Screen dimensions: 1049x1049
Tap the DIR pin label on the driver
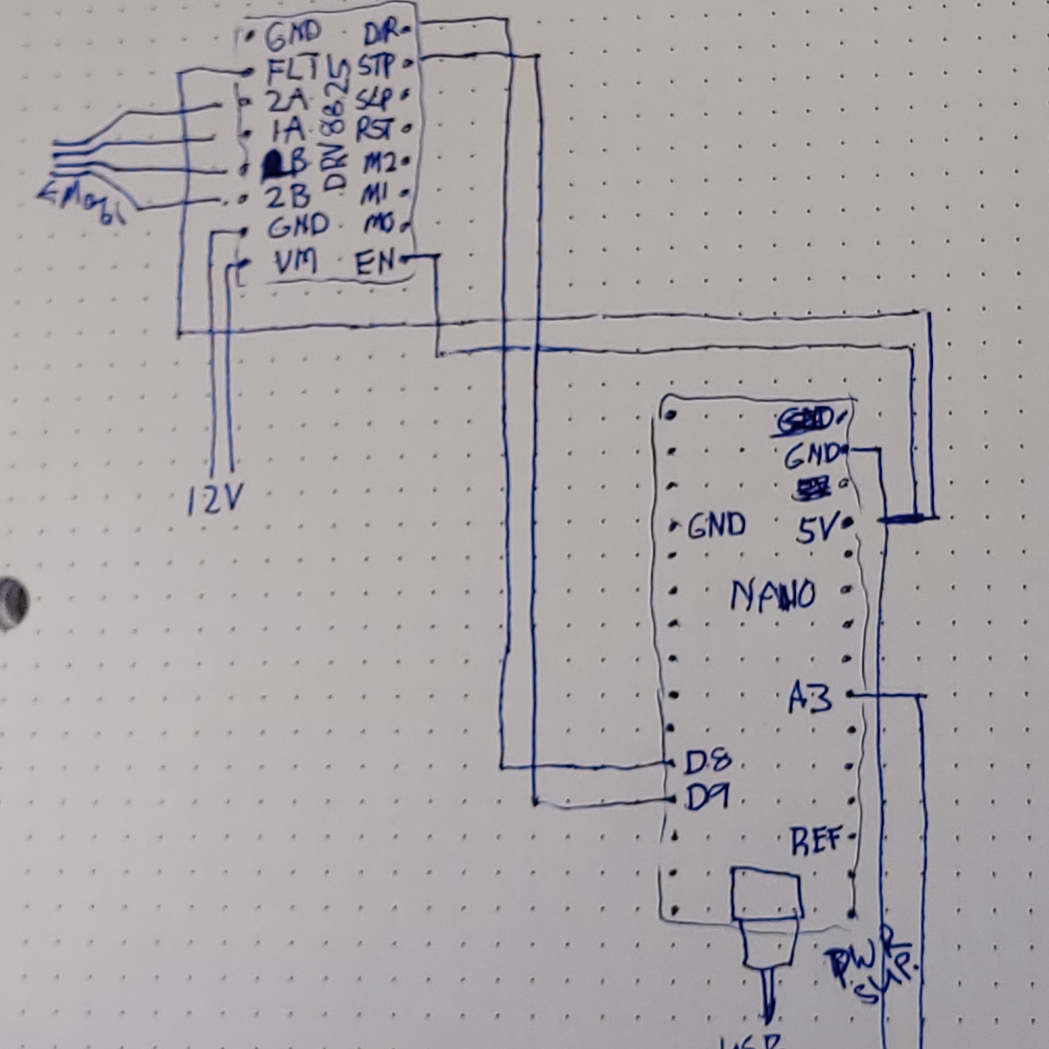point(380,36)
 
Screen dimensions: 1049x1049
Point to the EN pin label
point(375,264)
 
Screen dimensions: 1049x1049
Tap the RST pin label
point(375,130)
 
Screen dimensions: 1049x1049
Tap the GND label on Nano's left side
point(717,525)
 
